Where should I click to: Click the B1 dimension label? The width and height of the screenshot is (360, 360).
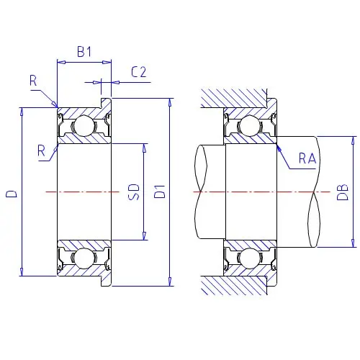click(84, 51)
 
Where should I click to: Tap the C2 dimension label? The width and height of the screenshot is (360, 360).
click(139, 72)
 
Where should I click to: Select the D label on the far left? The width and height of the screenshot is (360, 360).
click(12, 194)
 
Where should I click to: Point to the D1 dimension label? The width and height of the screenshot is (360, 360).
click(160, 192)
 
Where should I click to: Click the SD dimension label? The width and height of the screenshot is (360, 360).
click(134, 192)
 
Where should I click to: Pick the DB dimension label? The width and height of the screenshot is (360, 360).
click(343, 192)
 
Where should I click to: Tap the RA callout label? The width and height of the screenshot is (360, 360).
click(307, 158)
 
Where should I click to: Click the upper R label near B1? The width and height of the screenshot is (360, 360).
click(33, 81)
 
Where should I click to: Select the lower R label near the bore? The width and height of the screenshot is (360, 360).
click(42, 150)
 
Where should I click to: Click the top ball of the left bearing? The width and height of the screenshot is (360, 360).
click(84, 125)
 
